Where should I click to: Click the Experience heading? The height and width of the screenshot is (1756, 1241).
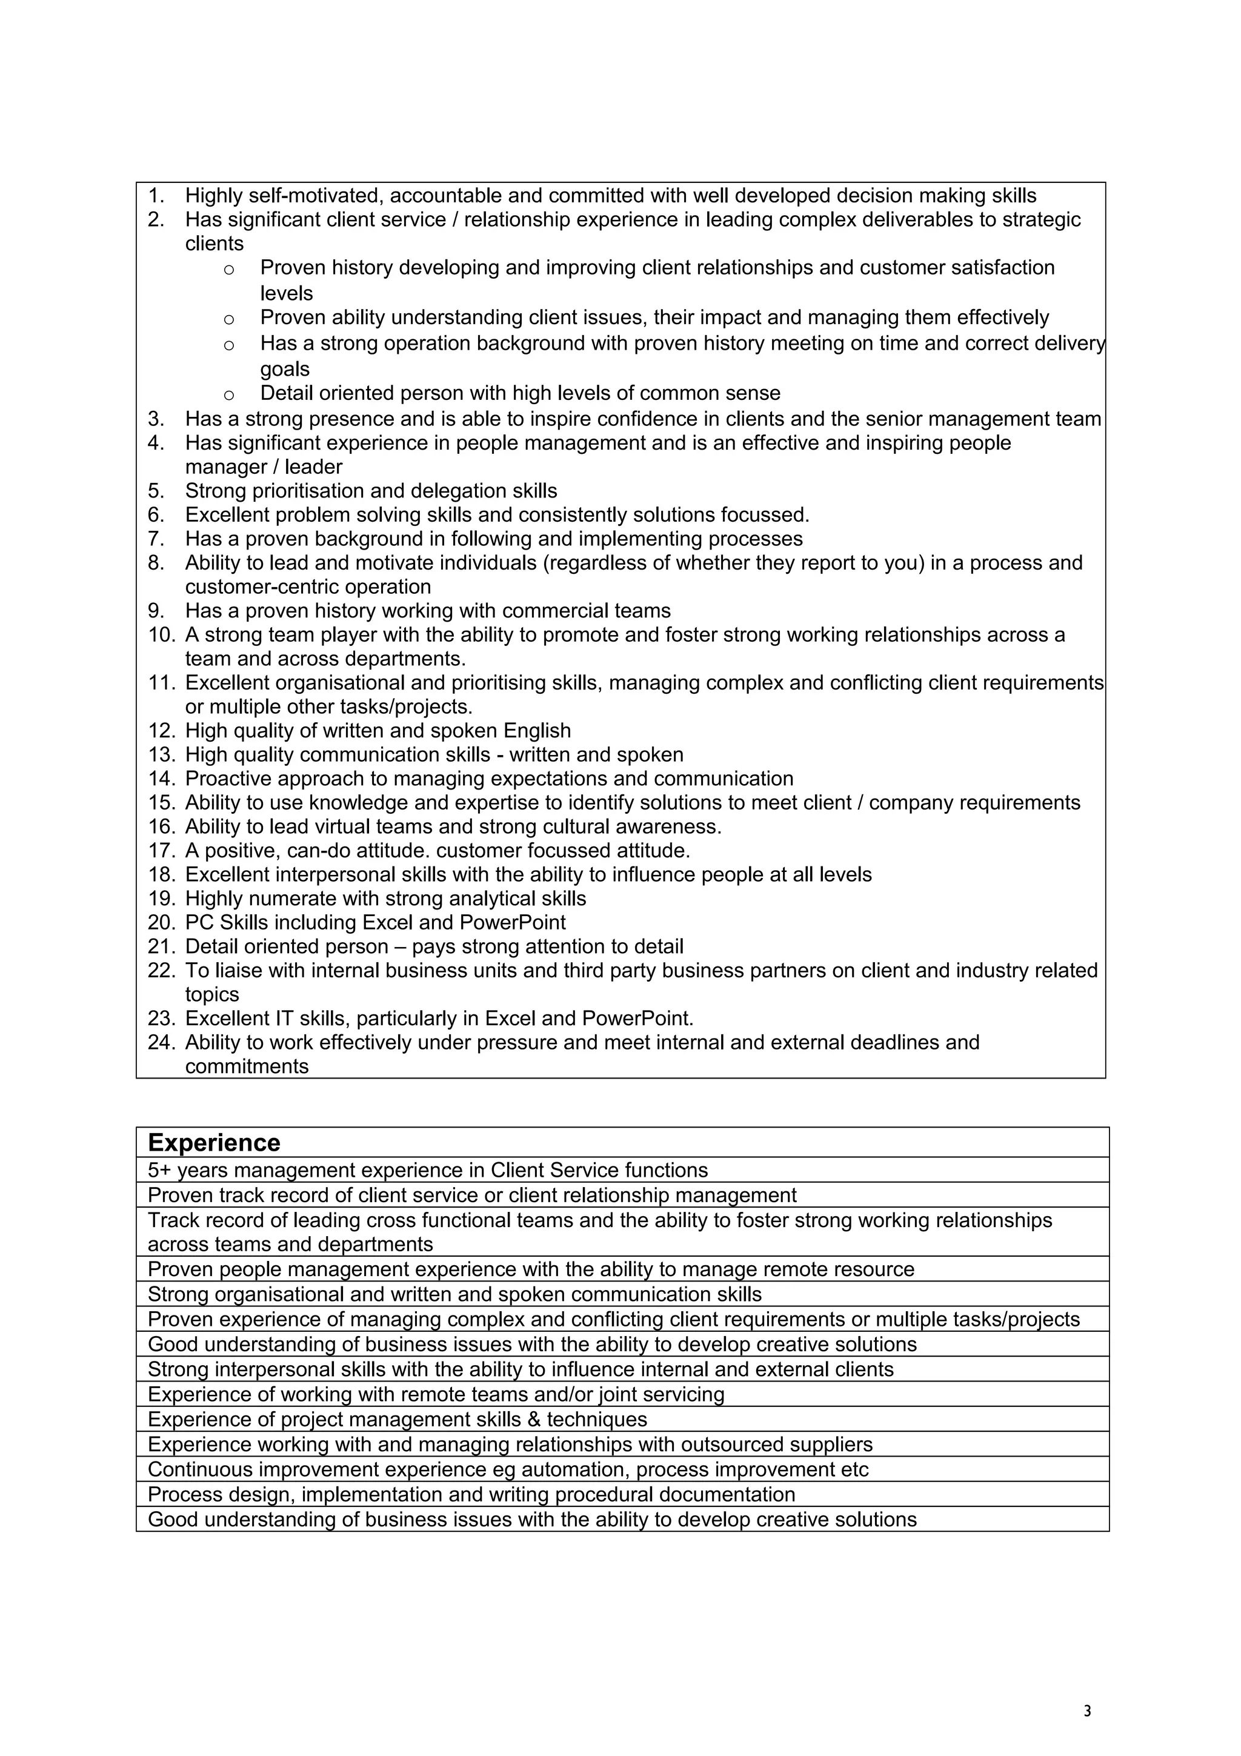213,1143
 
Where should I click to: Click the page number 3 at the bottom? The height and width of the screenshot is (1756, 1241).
1087,1712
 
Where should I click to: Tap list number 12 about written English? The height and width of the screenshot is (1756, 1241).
161,731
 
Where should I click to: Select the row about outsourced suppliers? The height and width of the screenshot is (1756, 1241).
510,1445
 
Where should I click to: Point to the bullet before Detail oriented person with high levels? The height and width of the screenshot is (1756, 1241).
228,394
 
